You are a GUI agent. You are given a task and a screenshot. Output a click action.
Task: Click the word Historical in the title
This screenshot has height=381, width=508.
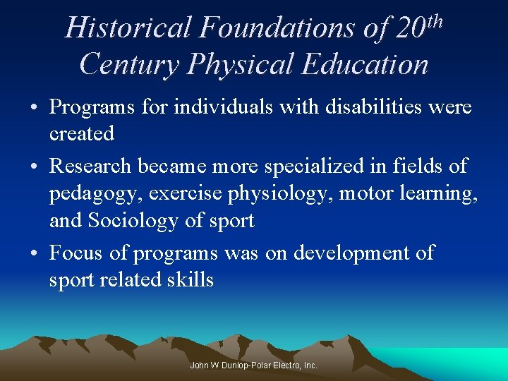coord(128,28)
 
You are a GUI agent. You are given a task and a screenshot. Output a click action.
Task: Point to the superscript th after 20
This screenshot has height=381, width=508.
coord(435,20)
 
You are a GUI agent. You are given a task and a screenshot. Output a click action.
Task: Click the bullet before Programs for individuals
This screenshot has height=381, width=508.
coord(34,108)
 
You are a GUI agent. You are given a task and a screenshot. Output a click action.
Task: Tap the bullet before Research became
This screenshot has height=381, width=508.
coord(34,167)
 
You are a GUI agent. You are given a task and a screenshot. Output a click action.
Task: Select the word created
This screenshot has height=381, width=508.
coord(81,133)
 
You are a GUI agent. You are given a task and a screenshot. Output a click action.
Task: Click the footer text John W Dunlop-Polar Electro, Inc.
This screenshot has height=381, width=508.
coord(254,365)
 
